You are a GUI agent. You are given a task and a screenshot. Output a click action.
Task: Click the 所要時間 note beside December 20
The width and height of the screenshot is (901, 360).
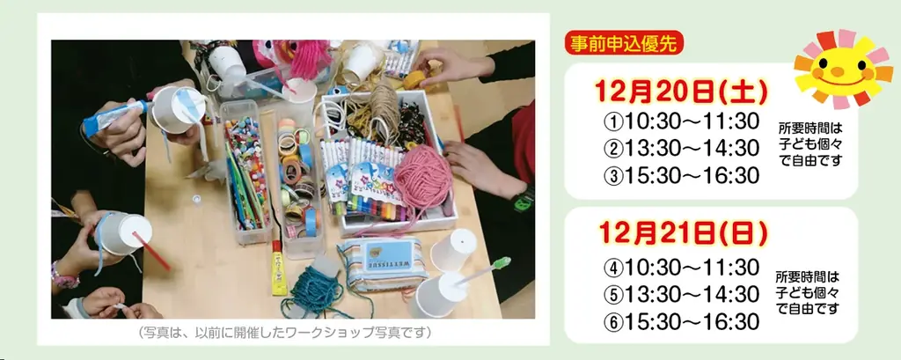coord(809,143)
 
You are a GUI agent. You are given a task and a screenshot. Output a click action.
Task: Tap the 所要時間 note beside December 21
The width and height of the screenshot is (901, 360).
coord(809,292)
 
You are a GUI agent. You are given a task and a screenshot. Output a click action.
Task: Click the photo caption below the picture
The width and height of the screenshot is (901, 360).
coord(285,334)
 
